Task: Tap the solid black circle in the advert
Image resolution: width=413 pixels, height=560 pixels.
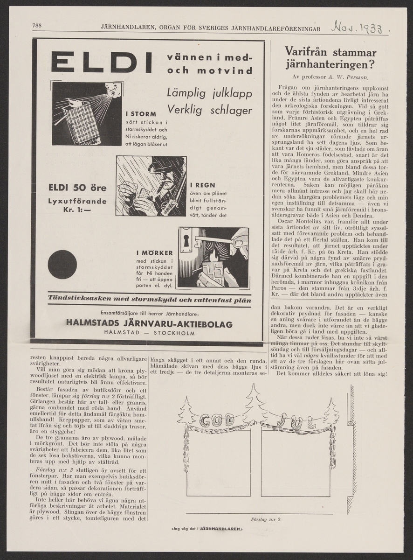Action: pos(62,265)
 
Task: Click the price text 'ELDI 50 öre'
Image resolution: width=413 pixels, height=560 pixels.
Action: pos(77,189)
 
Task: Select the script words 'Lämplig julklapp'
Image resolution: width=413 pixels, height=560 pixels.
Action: pos(209,93)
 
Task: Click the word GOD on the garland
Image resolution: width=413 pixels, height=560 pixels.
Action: pos(217,420)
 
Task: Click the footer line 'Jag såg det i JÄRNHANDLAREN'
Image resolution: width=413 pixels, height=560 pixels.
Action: pos(207,529)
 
